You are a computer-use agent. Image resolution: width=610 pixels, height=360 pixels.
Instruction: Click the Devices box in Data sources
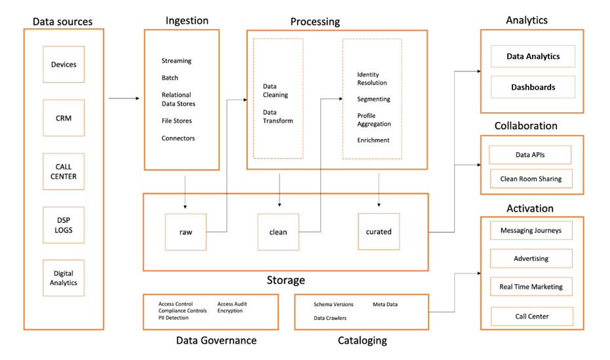64,64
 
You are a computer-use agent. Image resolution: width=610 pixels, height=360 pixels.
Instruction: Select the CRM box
64,118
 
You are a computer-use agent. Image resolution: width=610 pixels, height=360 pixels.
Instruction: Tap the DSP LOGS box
64,225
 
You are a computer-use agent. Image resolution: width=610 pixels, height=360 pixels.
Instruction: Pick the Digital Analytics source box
64,278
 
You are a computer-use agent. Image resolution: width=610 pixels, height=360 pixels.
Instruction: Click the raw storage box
185,232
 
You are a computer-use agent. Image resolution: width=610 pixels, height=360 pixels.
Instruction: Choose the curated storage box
379,231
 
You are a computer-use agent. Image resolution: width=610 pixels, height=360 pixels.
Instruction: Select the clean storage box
278,232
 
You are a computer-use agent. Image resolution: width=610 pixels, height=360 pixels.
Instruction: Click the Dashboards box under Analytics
533,87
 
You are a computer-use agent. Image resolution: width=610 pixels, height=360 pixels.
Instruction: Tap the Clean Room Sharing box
531,178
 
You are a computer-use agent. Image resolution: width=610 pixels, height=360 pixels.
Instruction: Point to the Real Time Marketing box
531,287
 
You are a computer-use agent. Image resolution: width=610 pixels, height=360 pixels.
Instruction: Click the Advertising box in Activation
531,258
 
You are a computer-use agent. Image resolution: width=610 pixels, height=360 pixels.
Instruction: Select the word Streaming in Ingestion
177,61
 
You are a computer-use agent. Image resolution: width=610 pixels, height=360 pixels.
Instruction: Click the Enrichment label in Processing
373,140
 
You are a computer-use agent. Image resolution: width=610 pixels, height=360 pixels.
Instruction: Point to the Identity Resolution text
372,79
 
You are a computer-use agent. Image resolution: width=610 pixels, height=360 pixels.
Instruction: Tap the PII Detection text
174,317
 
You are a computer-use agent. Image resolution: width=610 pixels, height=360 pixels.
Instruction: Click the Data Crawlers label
330,318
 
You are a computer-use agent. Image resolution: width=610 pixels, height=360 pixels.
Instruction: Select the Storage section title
286,280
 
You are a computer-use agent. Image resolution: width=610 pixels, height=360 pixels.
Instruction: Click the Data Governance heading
216,340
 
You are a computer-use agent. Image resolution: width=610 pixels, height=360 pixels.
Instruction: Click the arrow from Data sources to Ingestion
124,98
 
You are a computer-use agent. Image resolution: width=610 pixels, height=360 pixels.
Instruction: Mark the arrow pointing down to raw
185,192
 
